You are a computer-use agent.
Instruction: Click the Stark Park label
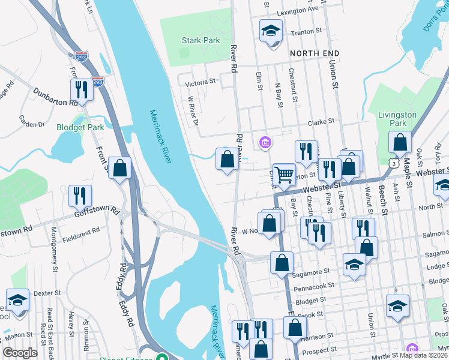coord(200,41)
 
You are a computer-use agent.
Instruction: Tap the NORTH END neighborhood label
coord(315,53)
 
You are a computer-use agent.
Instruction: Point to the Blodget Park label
coord(80,127)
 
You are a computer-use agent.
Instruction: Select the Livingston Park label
coord(397,119)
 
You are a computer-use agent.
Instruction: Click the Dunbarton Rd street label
coord(56,98)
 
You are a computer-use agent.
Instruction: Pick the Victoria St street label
coord(200,82)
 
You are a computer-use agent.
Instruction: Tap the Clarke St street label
coord(321,122)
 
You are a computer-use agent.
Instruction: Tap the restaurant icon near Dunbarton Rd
coord(80,89)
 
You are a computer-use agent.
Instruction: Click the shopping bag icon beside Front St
coord(120,169)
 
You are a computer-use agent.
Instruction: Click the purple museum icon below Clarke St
coord(264,142)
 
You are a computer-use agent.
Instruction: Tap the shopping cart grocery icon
coord(284,175)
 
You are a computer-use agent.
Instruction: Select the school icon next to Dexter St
coord(18,299)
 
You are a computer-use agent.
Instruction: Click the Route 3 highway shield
coord(392,163)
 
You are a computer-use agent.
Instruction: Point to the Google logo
coord(20,353)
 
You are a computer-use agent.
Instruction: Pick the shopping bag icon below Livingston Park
coord(400,143)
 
